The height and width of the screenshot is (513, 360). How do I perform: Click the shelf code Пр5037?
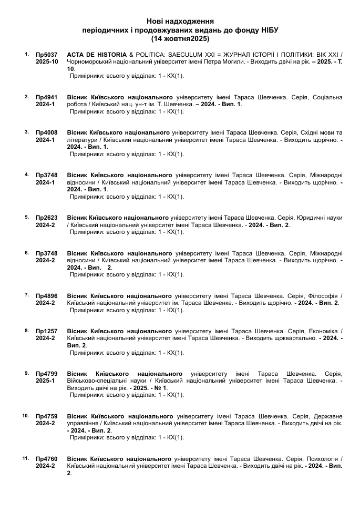click(x=47, y=55)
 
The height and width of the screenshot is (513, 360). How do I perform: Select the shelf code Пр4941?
click(x=47, y=97)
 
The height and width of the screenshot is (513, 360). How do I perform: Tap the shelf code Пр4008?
click(x=47, y=132)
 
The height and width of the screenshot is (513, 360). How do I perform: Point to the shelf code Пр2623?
click(x=47, y=217)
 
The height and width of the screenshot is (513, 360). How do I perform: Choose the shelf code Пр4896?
click(x=47, y=295)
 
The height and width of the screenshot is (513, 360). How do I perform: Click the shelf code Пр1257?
click(x=47, y=331)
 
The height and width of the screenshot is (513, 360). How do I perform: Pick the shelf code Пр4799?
click(x=47, y=374)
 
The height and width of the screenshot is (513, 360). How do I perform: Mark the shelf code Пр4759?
click(x=47, y=416)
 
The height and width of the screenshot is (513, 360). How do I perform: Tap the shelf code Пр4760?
click(x=47, y=459)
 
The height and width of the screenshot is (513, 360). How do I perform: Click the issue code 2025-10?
click(x=47, y=62)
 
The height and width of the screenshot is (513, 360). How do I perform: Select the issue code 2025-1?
click(x=45, y=381)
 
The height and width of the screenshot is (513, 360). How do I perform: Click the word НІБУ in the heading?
click(x=268, y=30)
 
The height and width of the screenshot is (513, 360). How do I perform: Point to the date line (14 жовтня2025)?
click(x=180, y=39)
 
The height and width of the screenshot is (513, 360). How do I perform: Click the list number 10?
click(x=25, y=416)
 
